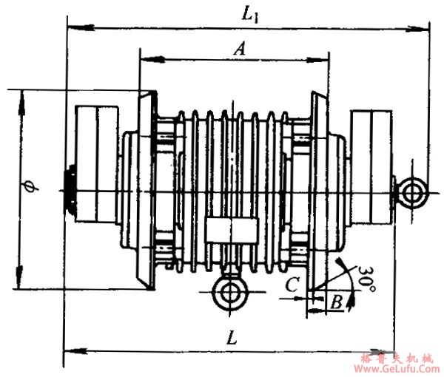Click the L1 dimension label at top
click(250, 15)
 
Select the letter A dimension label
click(240, 49)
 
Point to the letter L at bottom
click(232, 337)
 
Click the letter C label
click(292, 284)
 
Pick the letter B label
click(337, 302)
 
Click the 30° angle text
click(367, 279)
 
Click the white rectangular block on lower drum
click(232, 230)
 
